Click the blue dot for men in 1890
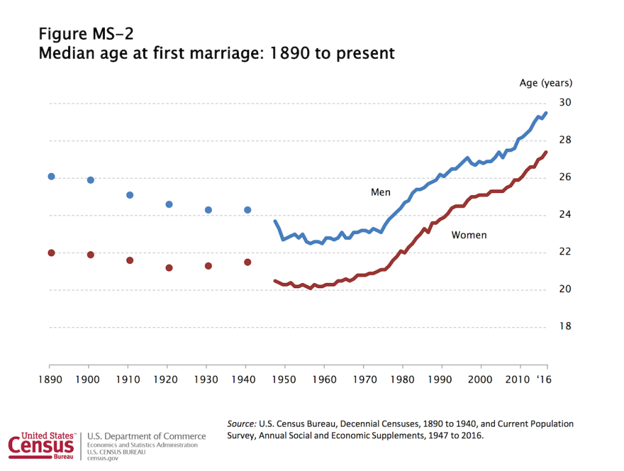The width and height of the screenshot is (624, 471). tap(51, 176)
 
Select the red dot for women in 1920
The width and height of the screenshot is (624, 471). tap(169, 268)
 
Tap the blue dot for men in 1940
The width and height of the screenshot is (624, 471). tap(247, 210)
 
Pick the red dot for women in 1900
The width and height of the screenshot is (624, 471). tap(90, 254)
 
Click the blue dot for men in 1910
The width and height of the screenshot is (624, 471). tap(130, 195)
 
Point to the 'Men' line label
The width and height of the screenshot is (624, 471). tap(380, 193)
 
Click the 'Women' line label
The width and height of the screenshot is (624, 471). tap(469, 235)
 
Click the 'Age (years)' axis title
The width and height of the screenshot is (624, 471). tap(545, 83)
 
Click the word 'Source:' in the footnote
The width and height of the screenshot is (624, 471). tap(241, 423)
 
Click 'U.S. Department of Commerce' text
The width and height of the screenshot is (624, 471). tap(147, 436)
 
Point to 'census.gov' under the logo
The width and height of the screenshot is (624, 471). tap(103, 458)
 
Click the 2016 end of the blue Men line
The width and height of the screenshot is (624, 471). tap(546, 113)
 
